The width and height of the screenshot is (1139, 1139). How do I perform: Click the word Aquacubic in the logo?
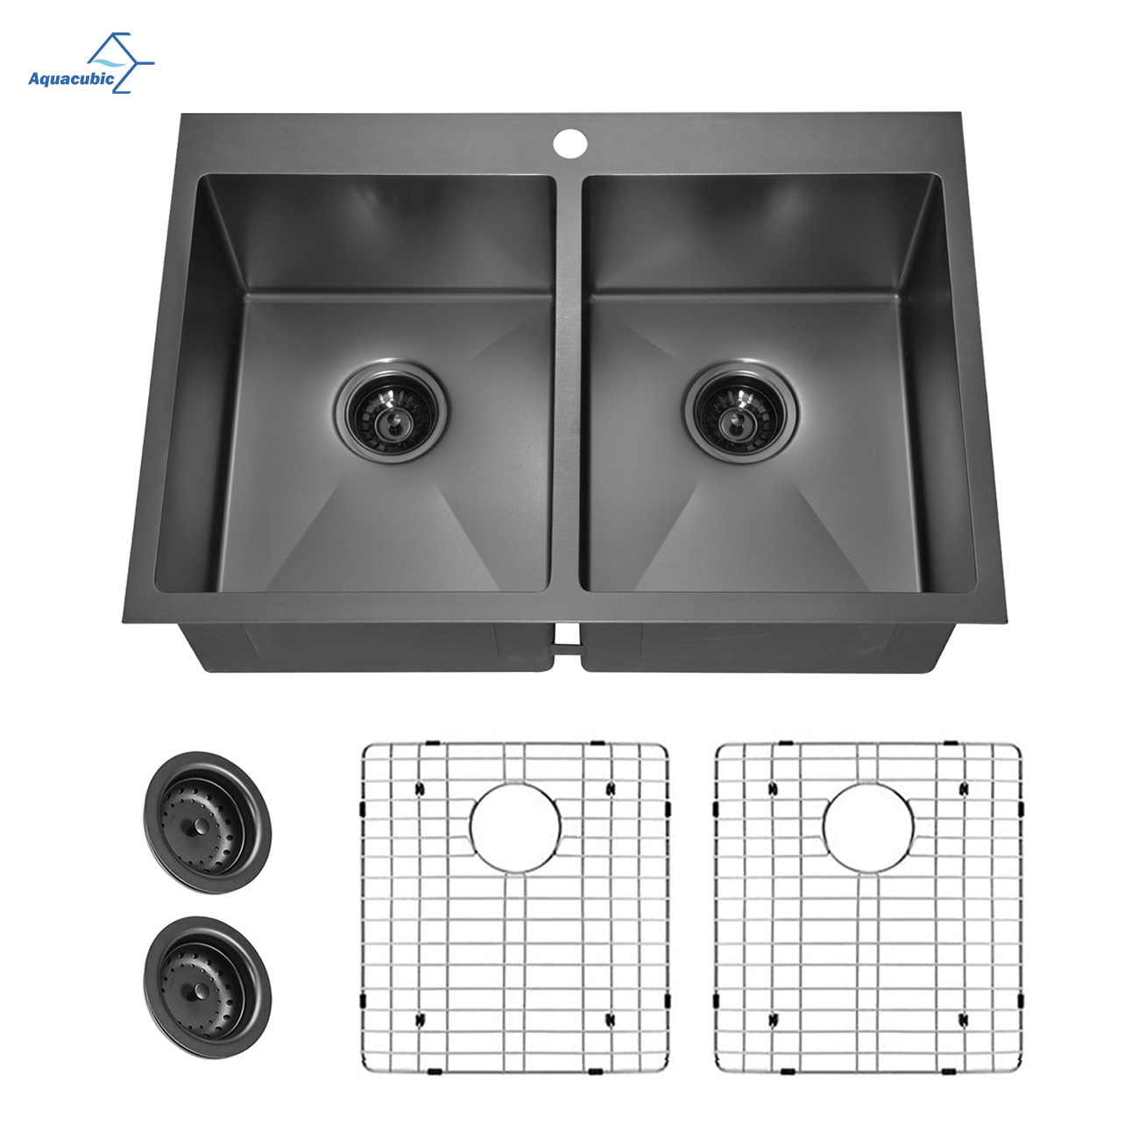tap(71, 79)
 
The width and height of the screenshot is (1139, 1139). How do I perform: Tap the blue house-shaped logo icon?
tap(121, 62)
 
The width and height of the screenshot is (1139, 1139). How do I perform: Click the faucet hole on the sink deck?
tap(569, 143)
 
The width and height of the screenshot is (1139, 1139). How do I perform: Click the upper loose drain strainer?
tap(208, 822)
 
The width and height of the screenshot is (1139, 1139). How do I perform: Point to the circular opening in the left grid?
tap(515, 828)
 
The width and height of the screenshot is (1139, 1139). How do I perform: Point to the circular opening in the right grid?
tap(867, 828)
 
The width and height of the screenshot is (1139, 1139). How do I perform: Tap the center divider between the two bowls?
tap(569, 385)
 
